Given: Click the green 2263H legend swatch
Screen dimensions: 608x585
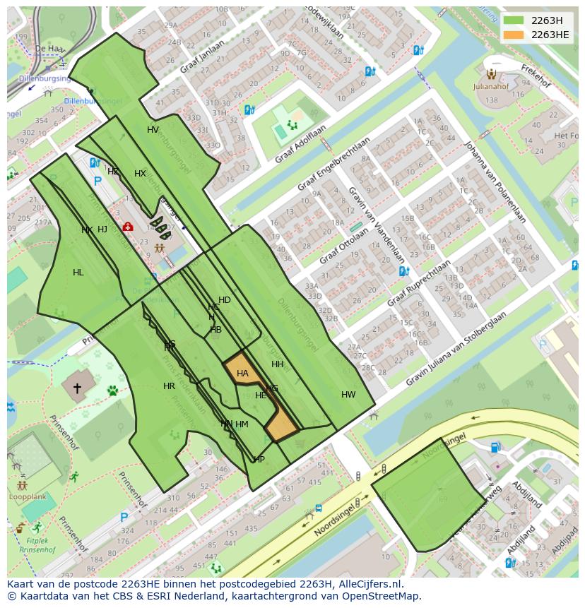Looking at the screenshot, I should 513,20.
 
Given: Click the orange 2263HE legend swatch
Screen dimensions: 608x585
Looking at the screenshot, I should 513,35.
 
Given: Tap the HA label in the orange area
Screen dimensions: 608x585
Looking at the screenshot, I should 242,374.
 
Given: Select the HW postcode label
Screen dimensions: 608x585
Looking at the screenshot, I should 348,395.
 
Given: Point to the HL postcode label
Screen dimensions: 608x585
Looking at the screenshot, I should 78,273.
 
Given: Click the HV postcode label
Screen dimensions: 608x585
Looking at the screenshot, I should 153,130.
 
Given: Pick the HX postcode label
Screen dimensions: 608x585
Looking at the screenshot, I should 140,174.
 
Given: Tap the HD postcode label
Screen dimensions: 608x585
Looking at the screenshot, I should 225,300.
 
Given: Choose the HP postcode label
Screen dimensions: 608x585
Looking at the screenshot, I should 259,460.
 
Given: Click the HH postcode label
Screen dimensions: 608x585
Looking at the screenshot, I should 278,364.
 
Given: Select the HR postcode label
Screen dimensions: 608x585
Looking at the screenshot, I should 169,386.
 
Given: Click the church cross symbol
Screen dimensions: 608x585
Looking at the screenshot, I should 77,388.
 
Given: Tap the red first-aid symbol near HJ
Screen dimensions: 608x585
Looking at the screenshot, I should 128,227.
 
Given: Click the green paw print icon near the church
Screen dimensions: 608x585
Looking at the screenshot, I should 112,390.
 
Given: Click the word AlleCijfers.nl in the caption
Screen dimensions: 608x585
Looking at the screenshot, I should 368,584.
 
